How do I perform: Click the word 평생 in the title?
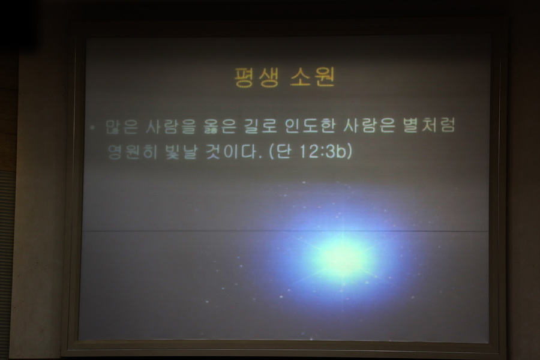pos(257,77)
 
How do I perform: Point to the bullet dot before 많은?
pos(92,127)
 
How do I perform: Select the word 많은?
pos(121,127)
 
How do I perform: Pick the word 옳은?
pos(220,126)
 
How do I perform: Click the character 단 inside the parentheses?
pos(283,151)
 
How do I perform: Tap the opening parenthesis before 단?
pos(272,152)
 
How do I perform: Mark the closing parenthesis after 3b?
pos(349,152)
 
